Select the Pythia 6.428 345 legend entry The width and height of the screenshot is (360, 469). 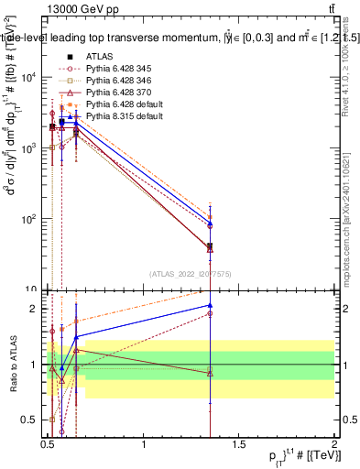(123, 69)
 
